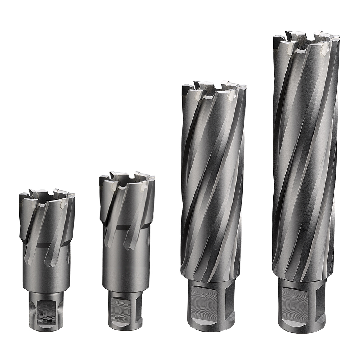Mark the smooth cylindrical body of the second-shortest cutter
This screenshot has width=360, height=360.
(x=126, y=266)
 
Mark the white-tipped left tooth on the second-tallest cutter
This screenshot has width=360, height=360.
(x=198, y=95)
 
